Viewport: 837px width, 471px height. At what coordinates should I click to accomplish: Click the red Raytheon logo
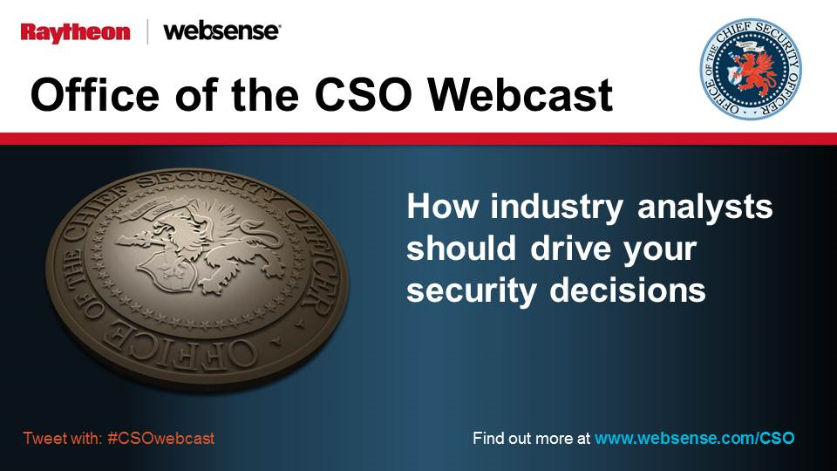click(x=75, y=32)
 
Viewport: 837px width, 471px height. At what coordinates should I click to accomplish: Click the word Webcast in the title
click(x=521, y=95)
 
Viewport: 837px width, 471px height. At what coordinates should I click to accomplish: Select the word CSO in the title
click(x=363, y=95)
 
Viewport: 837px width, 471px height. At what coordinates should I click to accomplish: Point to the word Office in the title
click(x=95, y=95)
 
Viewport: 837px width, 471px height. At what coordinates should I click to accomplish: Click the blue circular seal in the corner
click(x=751, y=69)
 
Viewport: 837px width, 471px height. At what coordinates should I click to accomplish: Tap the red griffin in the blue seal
click(x=755, y=71)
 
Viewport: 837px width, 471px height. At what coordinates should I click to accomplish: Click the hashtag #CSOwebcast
click(x=161, y=439)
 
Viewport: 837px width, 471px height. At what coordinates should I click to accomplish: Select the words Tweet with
click(x=62, y=439)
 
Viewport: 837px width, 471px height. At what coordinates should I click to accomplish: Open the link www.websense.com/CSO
click(x=695, y=439)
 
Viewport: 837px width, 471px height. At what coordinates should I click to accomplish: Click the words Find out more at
click(x=531, y=439)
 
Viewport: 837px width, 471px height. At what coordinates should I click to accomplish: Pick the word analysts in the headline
click(x=704, y=208)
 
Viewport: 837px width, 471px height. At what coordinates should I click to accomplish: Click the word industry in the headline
click(x=557, y=208)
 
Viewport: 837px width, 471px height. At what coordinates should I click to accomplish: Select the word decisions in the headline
click(x=628, y=290)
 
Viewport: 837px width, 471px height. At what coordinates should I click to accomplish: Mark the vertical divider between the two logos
click(x=147, y=31)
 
